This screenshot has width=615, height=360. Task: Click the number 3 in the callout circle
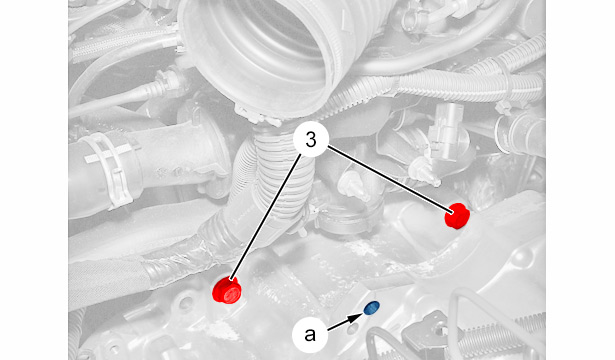coord(311,140)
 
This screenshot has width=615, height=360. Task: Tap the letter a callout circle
coord(310,335)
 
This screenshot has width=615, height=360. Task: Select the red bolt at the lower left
coord(226,291)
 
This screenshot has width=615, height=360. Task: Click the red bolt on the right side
coord(457,215)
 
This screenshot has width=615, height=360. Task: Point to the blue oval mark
coord(371,308)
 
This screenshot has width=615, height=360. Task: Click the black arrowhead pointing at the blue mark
coord(358,316)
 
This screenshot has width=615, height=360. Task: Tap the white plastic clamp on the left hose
coord(110,169)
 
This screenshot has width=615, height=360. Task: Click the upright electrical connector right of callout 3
coord(446,131)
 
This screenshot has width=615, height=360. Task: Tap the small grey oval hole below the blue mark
coord(353,329)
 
